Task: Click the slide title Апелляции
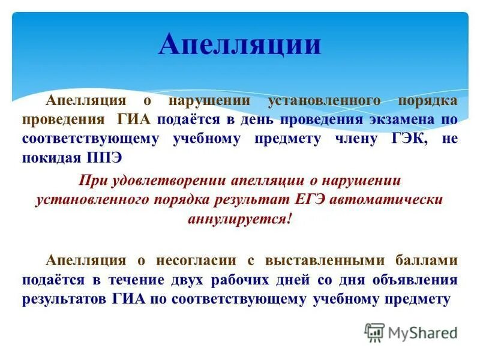point(239,45)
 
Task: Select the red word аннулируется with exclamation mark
point(239,218)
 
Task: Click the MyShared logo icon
point(374,332)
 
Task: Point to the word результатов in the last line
point(65,299)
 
